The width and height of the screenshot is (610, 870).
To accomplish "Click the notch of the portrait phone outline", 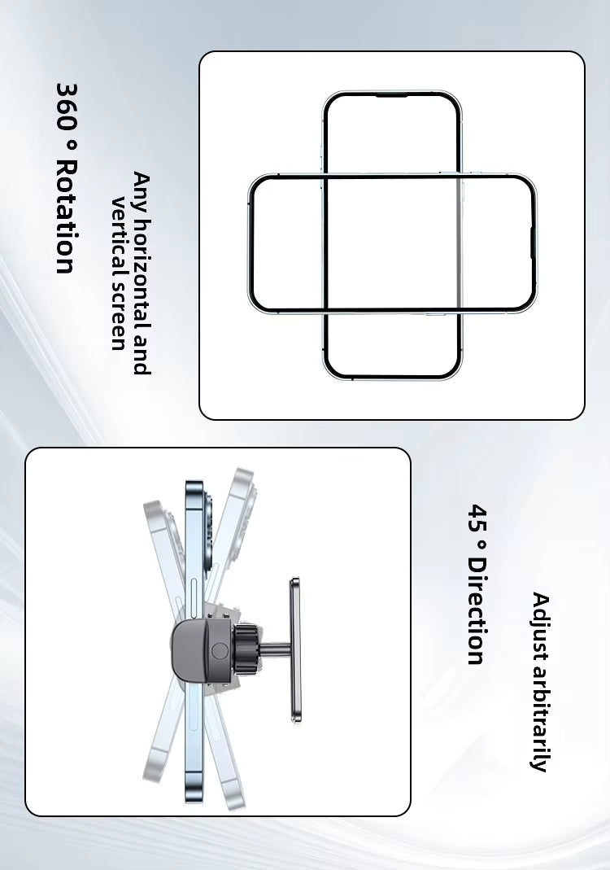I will [391, 96].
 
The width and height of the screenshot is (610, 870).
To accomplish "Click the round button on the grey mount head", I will [218, 651].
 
